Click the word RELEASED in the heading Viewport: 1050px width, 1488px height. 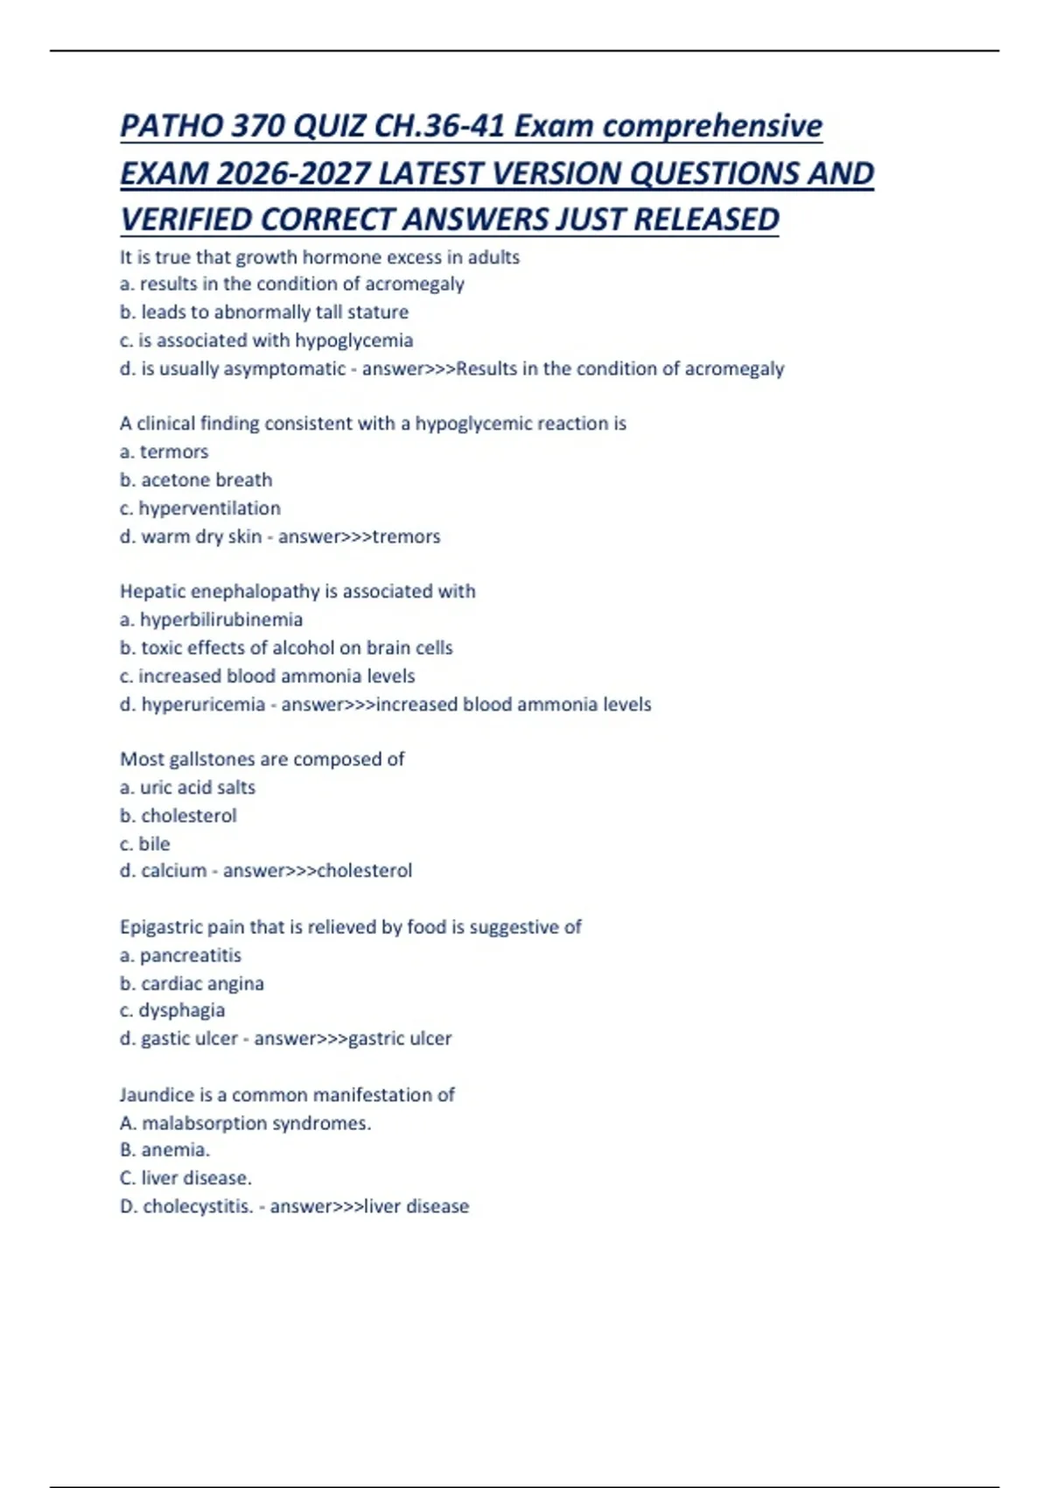[706, 220]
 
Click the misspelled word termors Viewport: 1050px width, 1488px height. [174, 452]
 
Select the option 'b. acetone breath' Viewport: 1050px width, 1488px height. [196, 480]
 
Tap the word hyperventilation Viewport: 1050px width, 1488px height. [209, 509]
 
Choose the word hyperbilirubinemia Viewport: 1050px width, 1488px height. [221, 620]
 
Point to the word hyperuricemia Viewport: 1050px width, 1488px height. [203, 705]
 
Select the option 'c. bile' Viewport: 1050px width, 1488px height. [145, 844]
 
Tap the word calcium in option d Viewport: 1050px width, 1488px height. [174, 871]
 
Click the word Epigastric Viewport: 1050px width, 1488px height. [157, 927]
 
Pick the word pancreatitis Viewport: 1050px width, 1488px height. [190, 955]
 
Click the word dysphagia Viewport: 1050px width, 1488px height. [181, 1010]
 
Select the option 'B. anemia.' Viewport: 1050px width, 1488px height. [164, 1150]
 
